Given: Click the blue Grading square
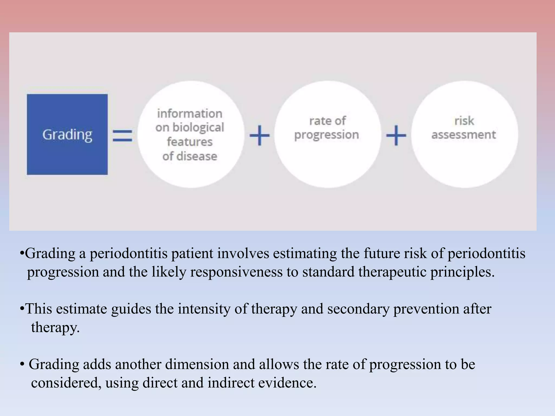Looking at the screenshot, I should tap(67, 134).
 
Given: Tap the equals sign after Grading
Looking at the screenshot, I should tap(122, 135).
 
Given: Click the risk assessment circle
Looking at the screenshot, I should tap(464, 134).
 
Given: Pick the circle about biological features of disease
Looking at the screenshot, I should tap(191, 134).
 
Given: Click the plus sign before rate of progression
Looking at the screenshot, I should tap(259, 135).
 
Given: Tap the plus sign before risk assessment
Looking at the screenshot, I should tap(396, 135).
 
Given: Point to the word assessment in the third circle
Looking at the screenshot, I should tap(464, 135).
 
